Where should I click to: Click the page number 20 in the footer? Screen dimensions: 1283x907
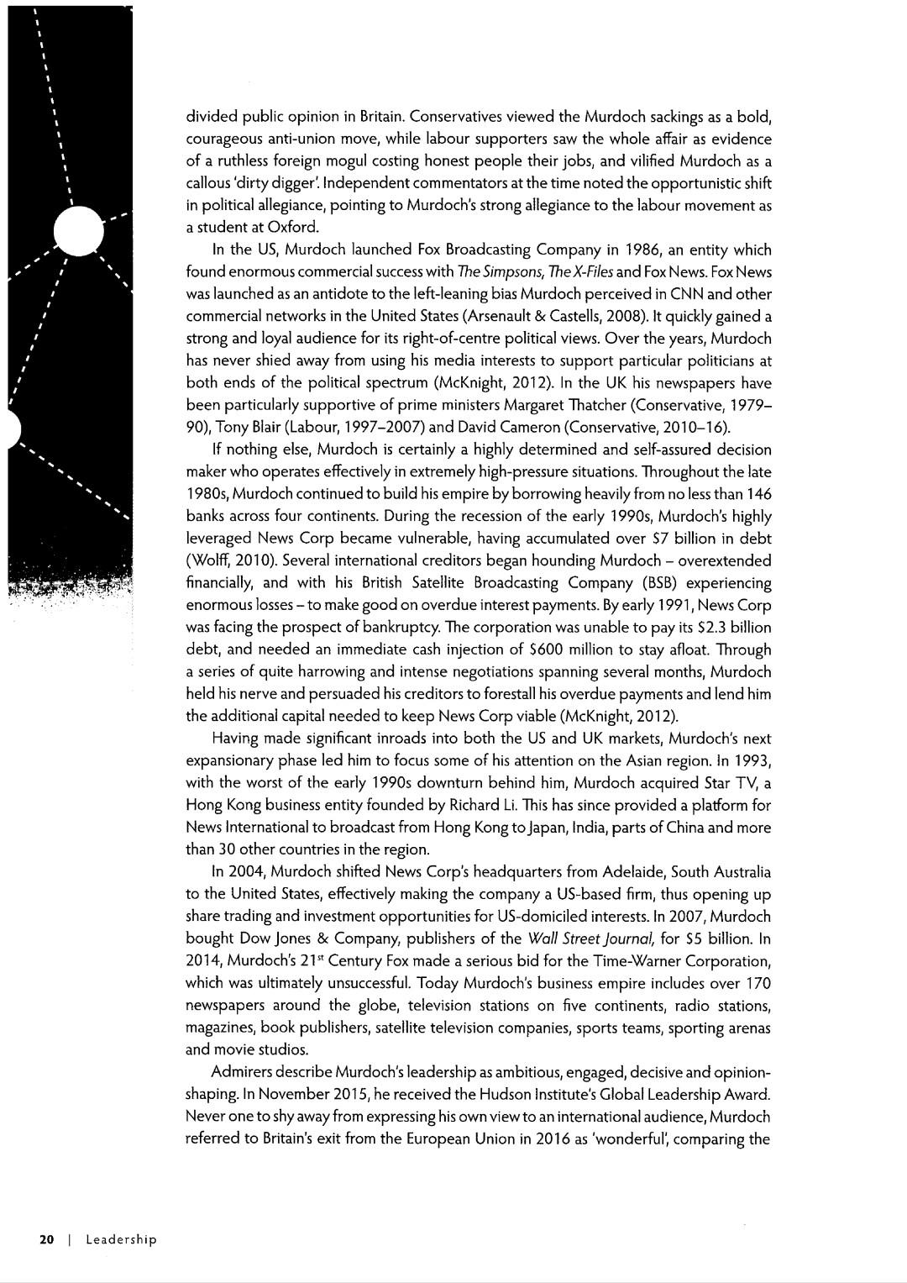[x=46, y=1239]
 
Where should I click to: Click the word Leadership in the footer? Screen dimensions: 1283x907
[x=121, y=1239]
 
